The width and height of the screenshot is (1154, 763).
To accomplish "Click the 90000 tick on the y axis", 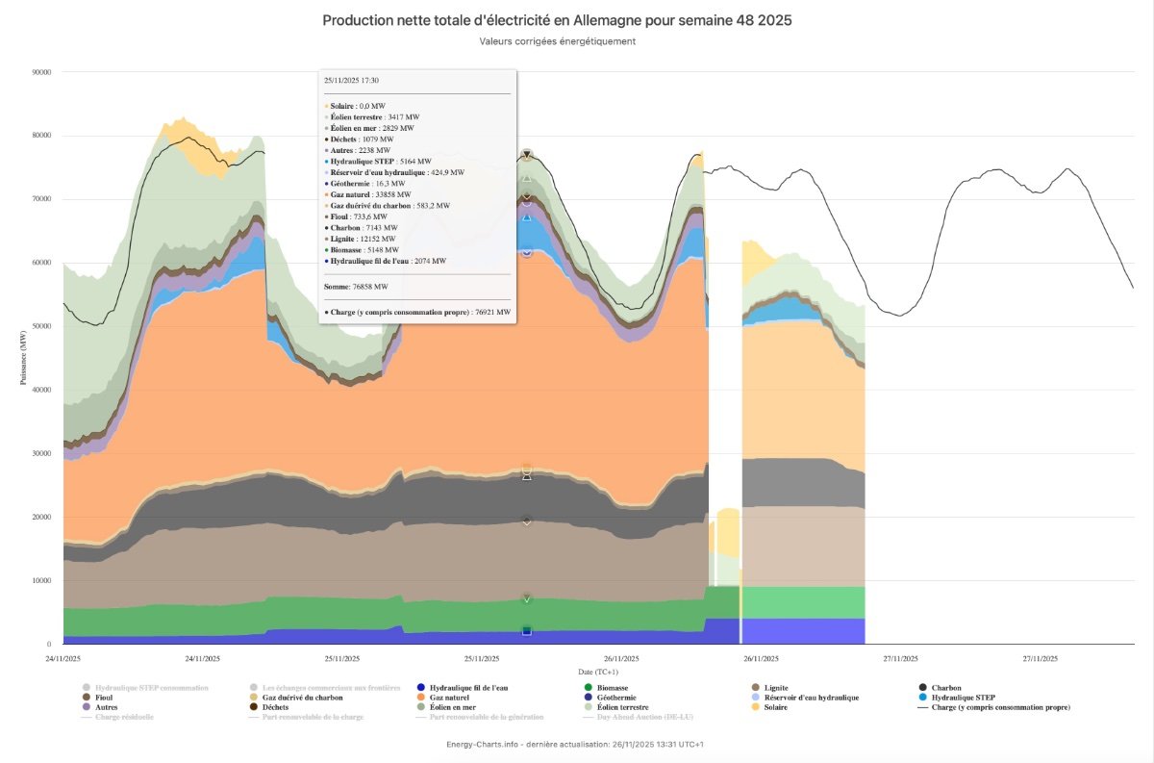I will pos(40,72).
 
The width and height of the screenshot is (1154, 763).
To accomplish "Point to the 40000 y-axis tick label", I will pos(40,390).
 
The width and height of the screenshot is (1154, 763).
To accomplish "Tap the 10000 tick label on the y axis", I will pos(40,580).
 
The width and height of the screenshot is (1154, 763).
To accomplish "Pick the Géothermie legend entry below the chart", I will pos(615,698).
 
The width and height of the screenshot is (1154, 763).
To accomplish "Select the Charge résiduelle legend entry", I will pos(124,717).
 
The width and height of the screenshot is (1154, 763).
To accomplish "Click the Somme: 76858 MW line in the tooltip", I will pos(356,287).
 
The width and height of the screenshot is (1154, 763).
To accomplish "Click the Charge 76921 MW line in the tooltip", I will pos(417,312).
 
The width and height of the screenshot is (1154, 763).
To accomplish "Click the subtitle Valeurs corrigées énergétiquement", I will pos(557,41).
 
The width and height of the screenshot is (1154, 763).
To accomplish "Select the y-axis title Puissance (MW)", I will pos(22,358).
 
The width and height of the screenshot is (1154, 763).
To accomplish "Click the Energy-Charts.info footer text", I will pos(576,744).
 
